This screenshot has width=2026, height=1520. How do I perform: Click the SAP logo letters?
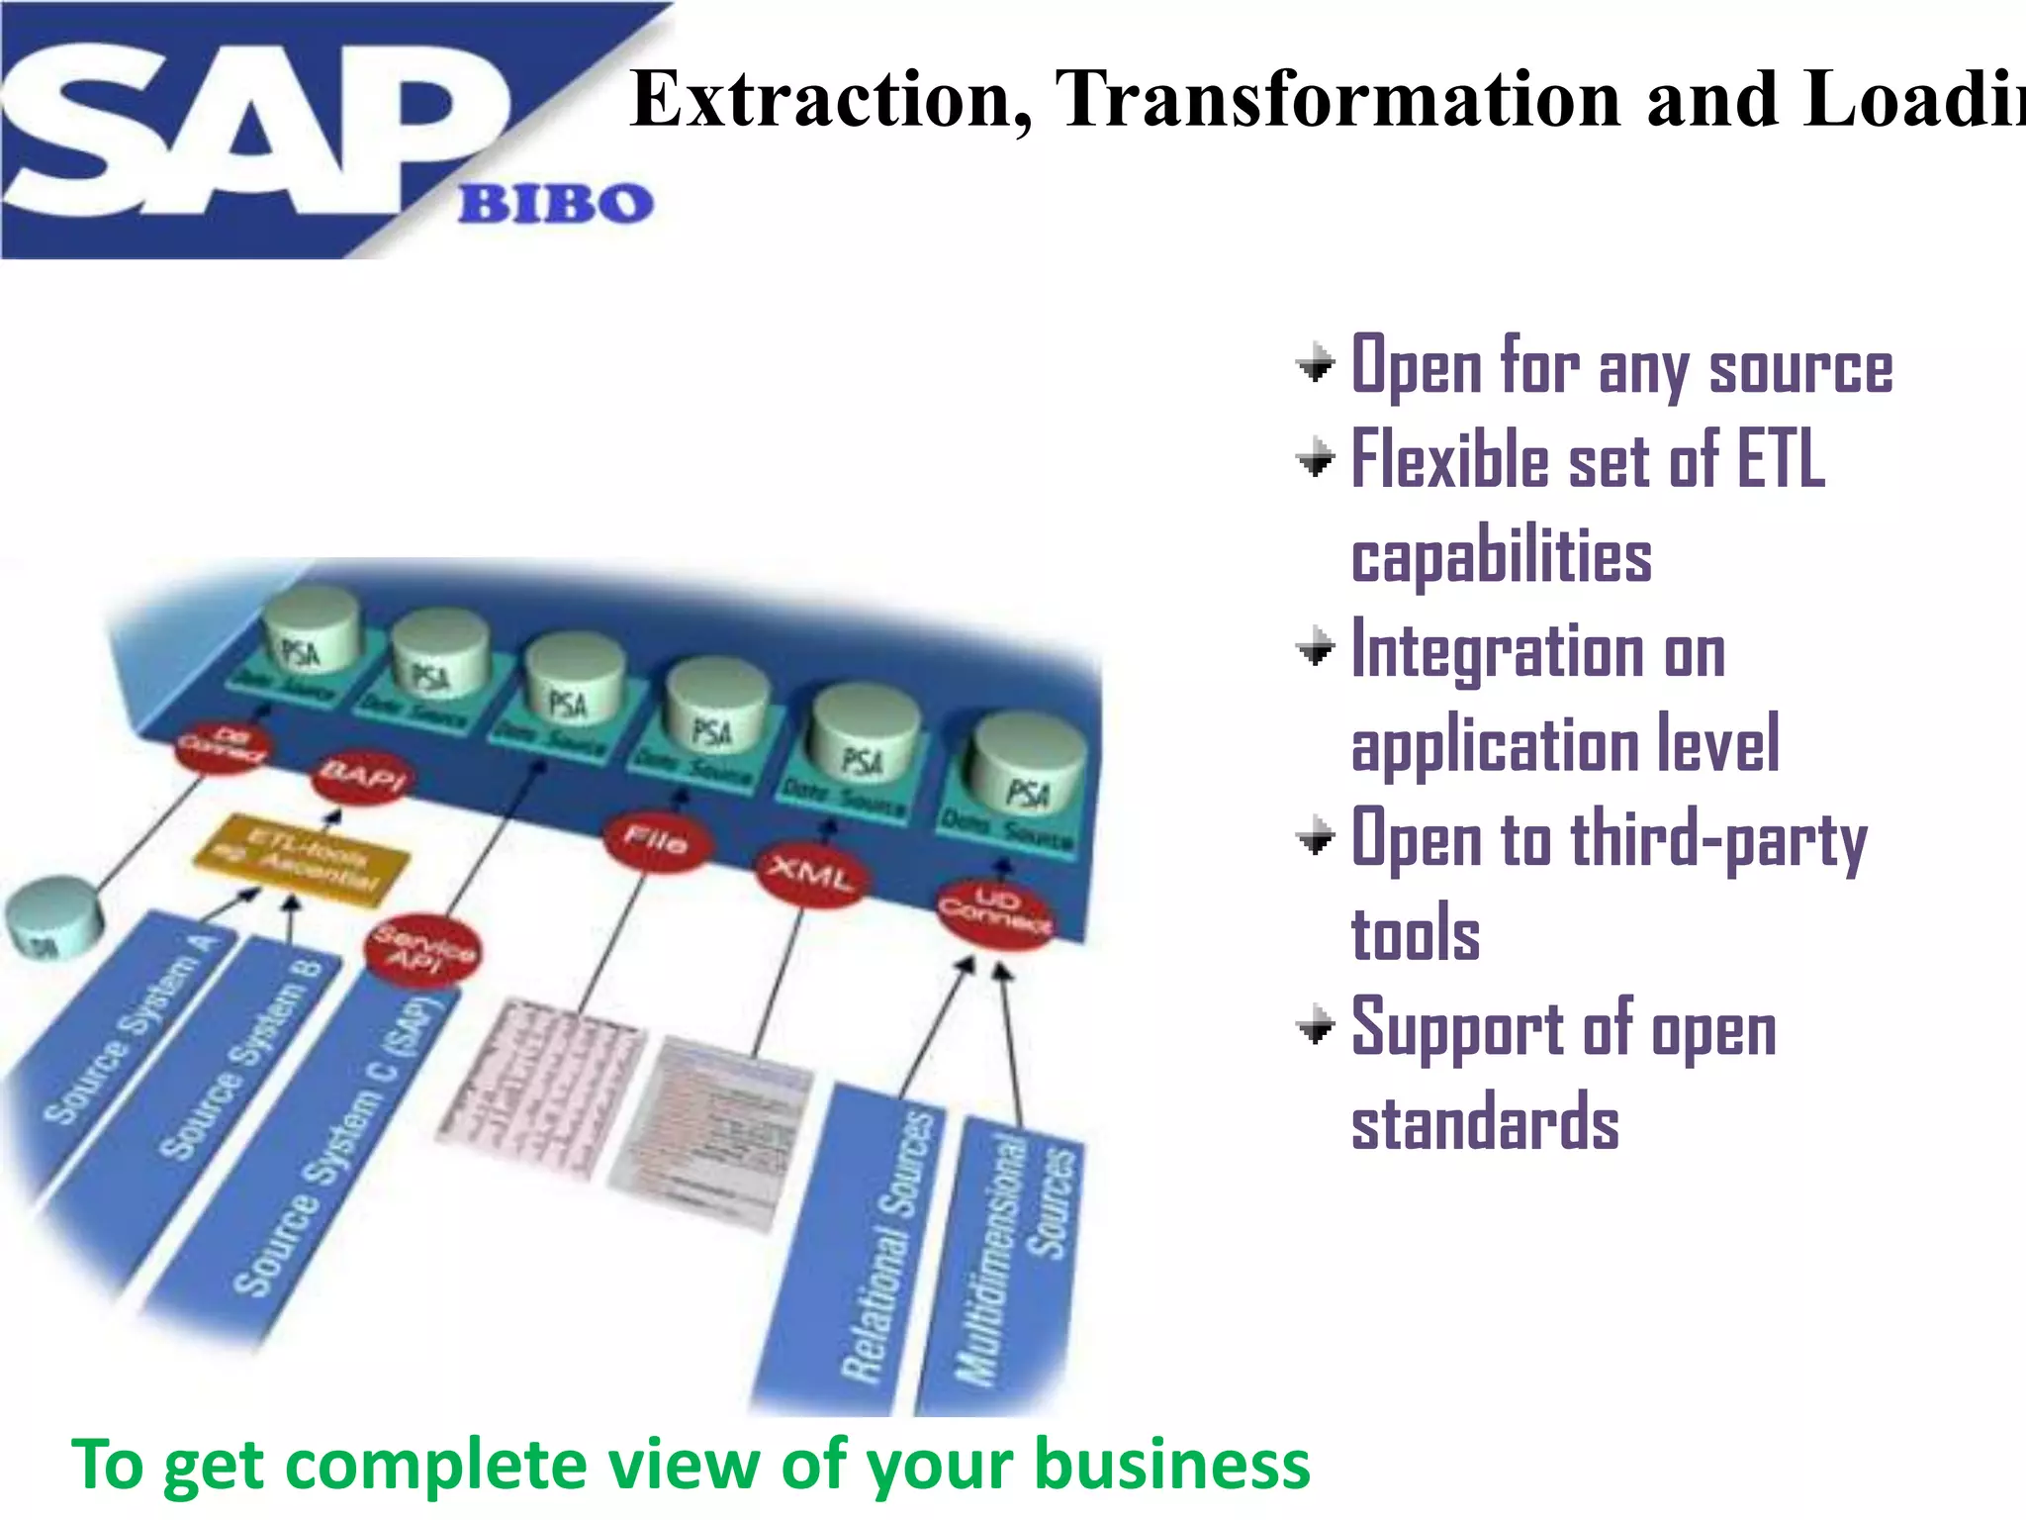pos(247,129)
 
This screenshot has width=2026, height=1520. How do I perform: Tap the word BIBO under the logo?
pos(555,204)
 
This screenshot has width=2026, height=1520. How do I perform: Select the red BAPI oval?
pos(363,777)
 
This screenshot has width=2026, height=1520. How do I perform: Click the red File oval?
pos(656,841)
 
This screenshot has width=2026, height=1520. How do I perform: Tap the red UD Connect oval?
pos(994,911)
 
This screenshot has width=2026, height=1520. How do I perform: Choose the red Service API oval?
pos(423,950)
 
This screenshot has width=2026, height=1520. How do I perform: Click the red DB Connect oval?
pos(225,747)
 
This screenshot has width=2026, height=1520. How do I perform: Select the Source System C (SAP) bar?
pos(326,1148)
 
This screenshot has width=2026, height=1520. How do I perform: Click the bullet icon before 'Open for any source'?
pos(1316,365)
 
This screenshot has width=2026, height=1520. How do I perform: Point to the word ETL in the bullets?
pos(1781,460)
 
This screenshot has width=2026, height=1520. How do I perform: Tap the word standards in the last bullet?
pos(1485,1122)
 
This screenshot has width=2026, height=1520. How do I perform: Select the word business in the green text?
pos(1171,1466)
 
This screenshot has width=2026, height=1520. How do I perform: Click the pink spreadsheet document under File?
pos(539,1089)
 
